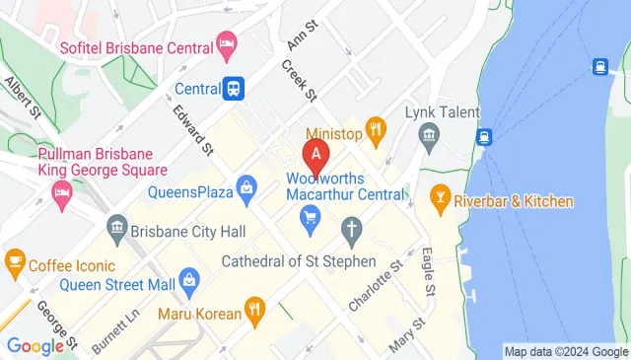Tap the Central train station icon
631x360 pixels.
click(234, 88)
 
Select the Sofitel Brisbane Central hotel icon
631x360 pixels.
click(227, 43)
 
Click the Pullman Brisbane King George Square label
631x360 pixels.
click(95, 162)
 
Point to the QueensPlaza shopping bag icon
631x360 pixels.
click(246, 185)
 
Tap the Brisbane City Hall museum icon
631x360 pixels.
click(117, 229)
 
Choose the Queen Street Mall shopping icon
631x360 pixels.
click(189, 286)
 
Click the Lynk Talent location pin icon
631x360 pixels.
click(430, 139)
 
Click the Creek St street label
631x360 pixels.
click(298, 80)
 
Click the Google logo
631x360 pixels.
click(35, 345)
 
